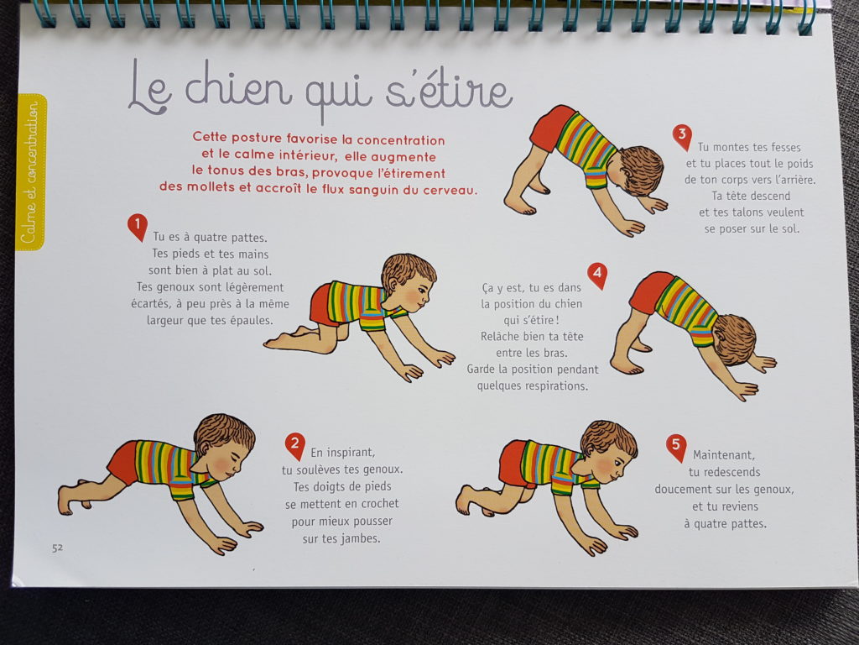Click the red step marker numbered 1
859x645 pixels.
point(138,226)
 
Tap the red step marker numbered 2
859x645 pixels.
point(294,445)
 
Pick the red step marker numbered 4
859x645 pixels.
point(597,275)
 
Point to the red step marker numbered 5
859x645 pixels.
point(676,447)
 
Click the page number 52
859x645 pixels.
point(58,548)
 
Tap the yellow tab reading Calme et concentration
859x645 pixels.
point(31,172)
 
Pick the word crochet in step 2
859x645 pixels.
point(379,504)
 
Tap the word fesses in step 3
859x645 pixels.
point(785,148)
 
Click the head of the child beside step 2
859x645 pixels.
point(225,445)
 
